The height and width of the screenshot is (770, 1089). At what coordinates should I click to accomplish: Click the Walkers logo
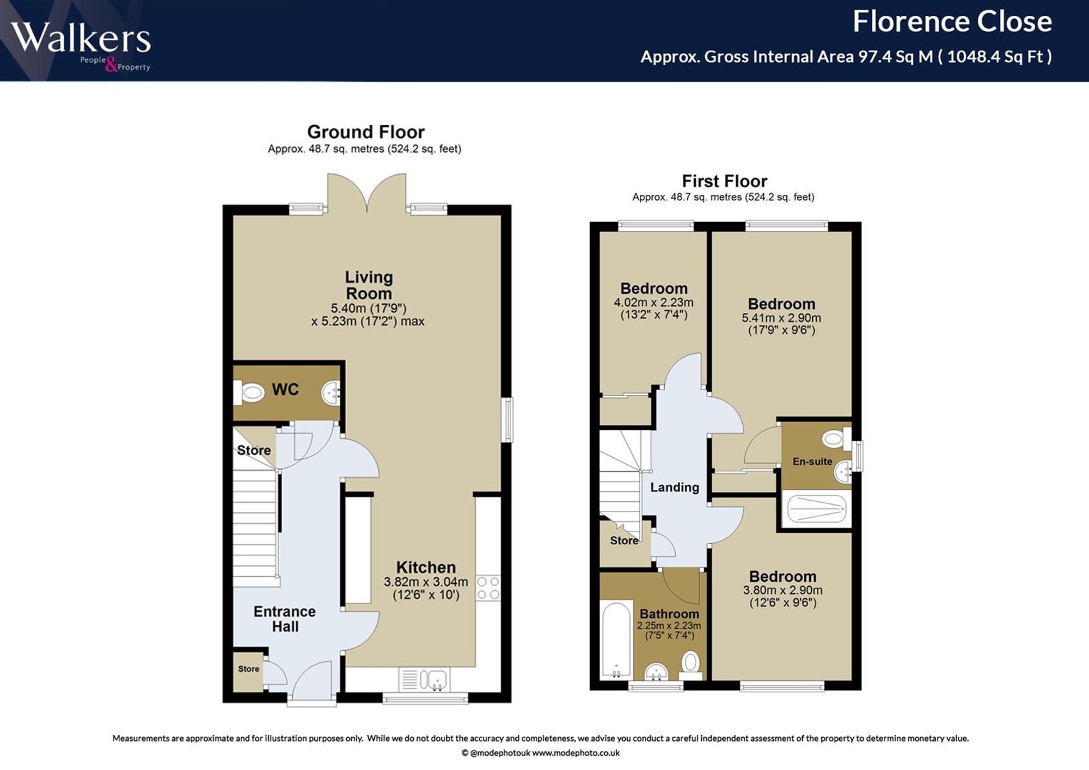tap(81, 46)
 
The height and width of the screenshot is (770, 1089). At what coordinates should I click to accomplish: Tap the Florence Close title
tap(952, 22)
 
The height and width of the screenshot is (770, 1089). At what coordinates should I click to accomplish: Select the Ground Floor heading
tap(366, 132)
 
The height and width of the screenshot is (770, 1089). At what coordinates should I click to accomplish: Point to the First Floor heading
tap(724, 181)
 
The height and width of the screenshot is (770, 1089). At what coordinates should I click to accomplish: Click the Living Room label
tap(369, 285)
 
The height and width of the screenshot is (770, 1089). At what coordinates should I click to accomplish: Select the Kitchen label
tap(426, 567)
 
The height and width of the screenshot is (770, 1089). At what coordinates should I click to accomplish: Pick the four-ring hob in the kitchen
tap(488, 588)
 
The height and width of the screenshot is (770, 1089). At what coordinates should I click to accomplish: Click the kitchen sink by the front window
tap(424, 680)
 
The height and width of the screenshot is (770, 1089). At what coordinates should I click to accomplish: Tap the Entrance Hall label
tap(285, 619)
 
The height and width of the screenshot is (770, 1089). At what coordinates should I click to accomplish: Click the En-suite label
tap(812, 461)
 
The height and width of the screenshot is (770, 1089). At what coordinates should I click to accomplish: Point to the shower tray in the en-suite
tap(817, 509)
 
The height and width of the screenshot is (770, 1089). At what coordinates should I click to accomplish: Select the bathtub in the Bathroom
tap(616, 639)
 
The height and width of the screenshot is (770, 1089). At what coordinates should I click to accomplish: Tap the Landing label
tap(675, 487)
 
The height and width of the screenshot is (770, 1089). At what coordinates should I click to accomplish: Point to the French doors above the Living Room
tap(366, 193)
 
